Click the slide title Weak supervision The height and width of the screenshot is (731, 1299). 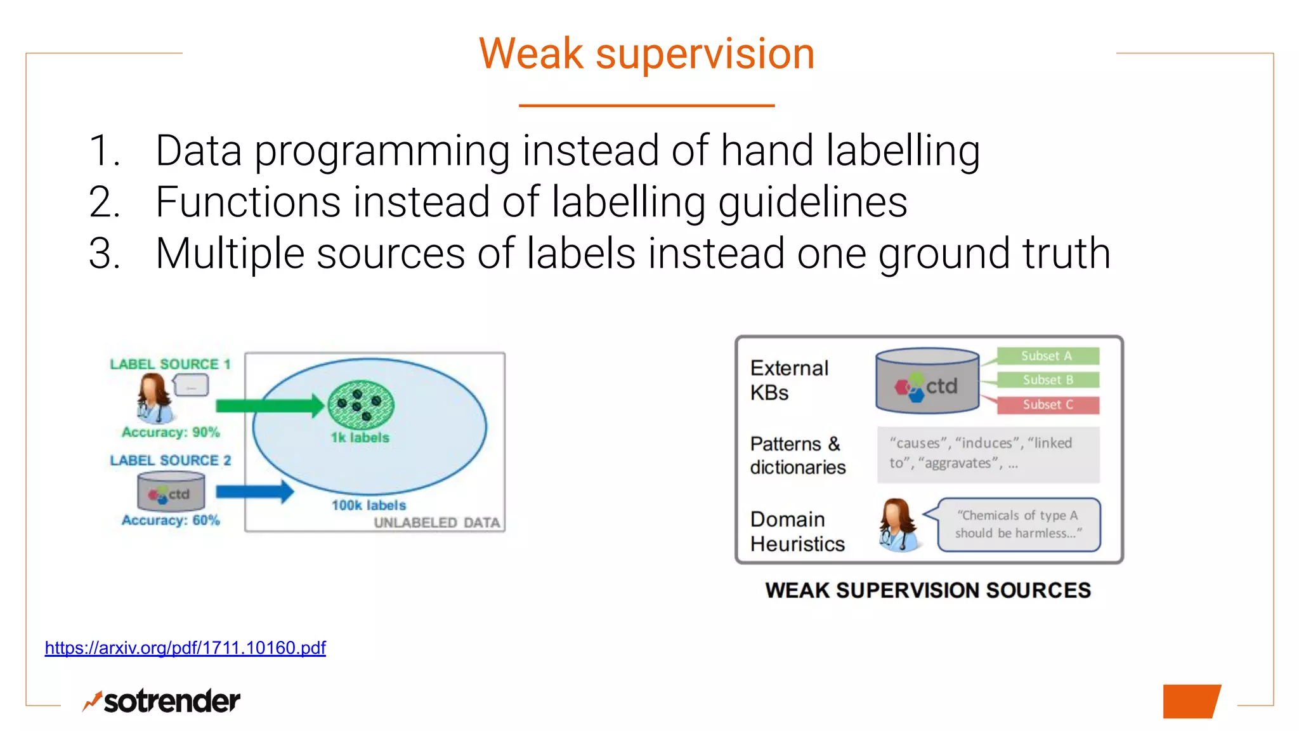[646, 54]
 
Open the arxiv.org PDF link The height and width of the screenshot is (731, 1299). [185, 648]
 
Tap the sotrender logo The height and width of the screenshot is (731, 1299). [162, 701]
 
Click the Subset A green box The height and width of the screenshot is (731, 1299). [1047, 356]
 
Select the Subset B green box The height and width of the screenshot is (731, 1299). [1047, 380]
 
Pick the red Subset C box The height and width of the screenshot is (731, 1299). [1047, 405]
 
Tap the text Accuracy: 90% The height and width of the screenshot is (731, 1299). [171, 432]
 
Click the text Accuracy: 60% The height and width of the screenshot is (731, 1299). [171, 520]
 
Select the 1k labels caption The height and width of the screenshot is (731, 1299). [360, 438]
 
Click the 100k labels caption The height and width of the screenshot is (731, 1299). [369, 506]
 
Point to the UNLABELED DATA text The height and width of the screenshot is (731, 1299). [436, 523]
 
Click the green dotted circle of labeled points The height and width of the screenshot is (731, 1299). [361, 404]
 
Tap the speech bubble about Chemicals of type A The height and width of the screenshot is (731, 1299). [1017, 525]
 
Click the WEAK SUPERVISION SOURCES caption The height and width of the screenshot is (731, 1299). [928, 591]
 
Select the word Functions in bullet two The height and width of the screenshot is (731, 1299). [248, 202]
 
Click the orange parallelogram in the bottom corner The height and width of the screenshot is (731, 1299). [1191, 701]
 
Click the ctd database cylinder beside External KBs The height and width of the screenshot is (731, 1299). [927, 381]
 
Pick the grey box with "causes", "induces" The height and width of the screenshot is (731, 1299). [988, 454]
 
